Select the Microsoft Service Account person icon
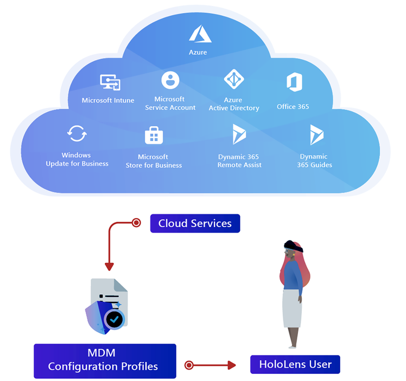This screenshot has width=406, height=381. (170, 81)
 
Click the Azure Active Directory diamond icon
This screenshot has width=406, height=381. (234, 80)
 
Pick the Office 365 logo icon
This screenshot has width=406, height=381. (294, 83)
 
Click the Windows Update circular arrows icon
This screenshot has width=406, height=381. (77, 133)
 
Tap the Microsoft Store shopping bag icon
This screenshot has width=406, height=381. (154, 135)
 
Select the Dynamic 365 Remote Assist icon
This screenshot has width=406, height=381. (239, 134)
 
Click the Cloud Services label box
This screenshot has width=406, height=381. (195, 223)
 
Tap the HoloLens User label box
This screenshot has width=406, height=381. (295, 364)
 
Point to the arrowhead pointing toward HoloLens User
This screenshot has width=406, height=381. (232, 365)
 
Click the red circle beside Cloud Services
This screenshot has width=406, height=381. (137, 223)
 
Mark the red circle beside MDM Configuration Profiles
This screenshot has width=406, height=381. (189, 365)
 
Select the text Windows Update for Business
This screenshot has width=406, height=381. (77, 159)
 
